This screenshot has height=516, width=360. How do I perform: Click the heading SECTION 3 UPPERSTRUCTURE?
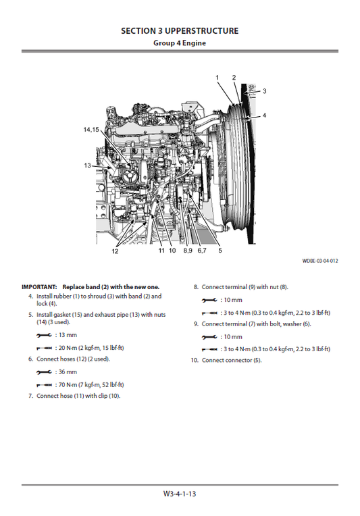point(180,31)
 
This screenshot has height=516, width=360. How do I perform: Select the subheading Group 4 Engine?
point(180,43)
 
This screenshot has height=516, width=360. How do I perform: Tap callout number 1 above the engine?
point(217,78)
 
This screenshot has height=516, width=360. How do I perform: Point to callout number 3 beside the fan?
point(264,91)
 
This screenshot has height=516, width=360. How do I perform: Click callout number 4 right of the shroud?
point(264,115)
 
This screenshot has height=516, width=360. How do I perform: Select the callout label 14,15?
point(91,129)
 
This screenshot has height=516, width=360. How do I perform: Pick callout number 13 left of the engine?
point(88,165)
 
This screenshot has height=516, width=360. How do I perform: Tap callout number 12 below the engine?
point(115,251)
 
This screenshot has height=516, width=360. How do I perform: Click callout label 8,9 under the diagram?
point(186,251)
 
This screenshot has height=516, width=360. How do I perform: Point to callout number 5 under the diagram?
point(220,251)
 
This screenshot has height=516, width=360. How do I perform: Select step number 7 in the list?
point(30,396)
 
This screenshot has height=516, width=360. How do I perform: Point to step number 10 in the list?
point(194,360)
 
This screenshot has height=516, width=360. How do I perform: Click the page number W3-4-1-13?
point(180,494)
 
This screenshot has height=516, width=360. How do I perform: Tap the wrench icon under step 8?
point(209,299)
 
